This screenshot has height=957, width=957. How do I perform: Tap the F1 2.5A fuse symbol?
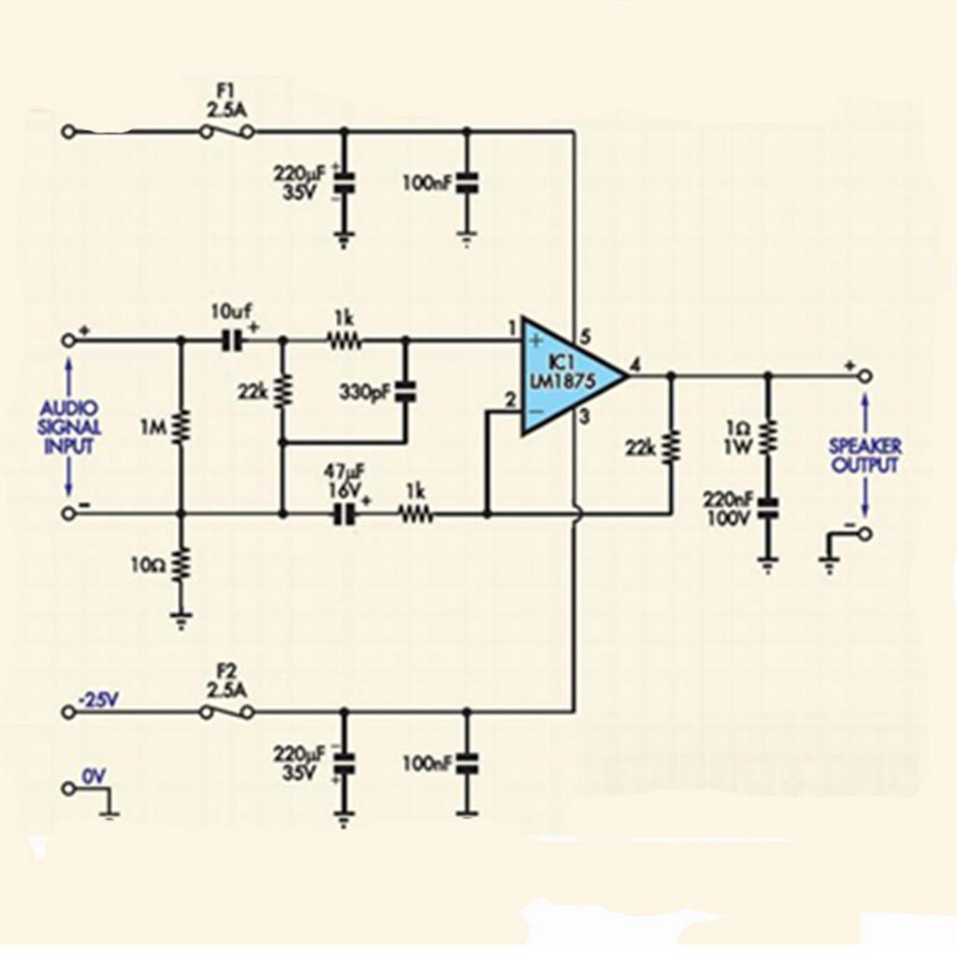pos(227,133)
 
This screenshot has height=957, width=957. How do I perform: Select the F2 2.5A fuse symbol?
pos(227,712)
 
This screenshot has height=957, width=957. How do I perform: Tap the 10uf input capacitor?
pos(231,341)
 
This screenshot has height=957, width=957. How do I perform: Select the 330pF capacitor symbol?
pos(405,392)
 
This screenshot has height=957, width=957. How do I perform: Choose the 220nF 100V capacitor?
pos(768,508)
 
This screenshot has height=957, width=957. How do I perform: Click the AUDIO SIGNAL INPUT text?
pos(70,428)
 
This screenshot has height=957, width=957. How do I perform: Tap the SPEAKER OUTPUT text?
pos(864,455)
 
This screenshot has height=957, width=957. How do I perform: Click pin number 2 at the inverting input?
pos(509,401)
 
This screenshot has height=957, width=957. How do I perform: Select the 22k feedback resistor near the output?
pos(670,448)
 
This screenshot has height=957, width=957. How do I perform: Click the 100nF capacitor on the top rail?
pos(466,183)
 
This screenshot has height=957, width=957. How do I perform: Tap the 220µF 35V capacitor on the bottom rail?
pos(344,764)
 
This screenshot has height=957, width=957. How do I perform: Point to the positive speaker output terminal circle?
pos(864,376)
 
